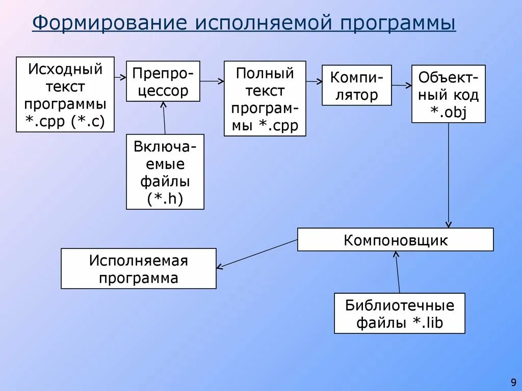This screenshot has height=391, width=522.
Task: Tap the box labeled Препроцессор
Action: (163, 81)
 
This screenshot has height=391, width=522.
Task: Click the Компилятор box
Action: (357, 85)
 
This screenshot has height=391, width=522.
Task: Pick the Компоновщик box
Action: (396, 239)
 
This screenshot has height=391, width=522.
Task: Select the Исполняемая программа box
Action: (139, 269)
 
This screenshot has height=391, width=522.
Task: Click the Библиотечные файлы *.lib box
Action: (400, 313)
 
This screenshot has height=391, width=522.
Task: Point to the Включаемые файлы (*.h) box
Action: (165, 172)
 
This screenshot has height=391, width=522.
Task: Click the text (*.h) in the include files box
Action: (165, 198)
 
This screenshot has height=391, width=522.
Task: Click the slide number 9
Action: (513, 381)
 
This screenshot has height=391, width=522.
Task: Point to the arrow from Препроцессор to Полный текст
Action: (212, 81)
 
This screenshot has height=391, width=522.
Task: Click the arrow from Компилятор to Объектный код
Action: (402, 86)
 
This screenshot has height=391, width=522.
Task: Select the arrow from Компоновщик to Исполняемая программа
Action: (257, 254)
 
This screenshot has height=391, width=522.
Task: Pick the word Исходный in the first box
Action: (65, 69)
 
